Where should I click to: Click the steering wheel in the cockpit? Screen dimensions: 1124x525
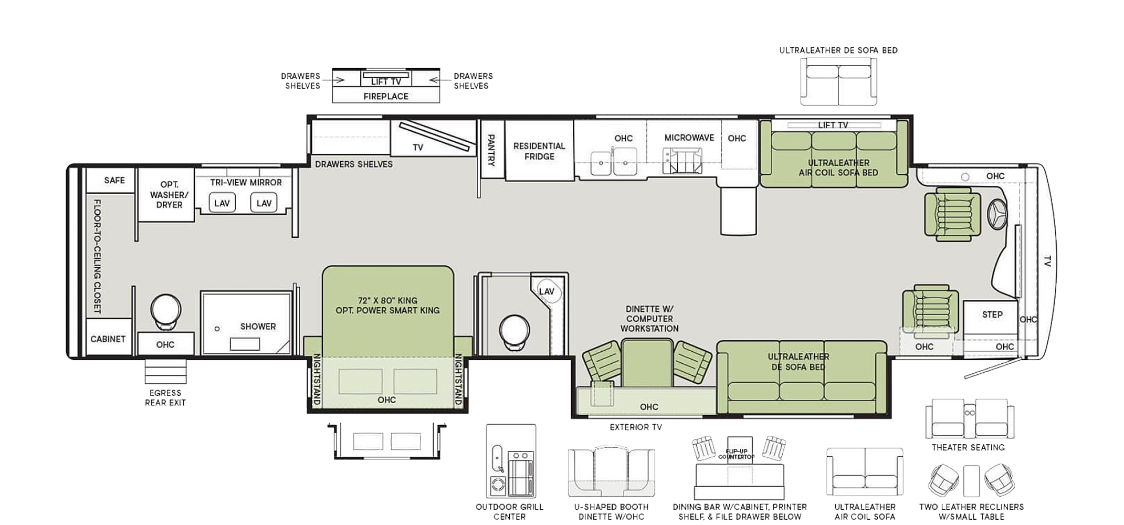click(997, 214)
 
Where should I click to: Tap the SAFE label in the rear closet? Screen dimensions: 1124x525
click(114, 181)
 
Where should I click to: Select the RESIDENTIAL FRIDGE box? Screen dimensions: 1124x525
click(539, 151)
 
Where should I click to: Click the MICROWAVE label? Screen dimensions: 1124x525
click(689, 138)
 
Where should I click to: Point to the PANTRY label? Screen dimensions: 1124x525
click(491, 150)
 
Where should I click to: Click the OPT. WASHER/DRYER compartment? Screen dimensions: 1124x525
click(166, 195)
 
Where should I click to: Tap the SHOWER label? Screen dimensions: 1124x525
click(258, 327)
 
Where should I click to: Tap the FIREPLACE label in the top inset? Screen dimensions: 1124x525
click(386, 97)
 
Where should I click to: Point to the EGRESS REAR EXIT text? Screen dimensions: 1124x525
click(165, 398)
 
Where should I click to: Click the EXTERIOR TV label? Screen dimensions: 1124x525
click(636, 427)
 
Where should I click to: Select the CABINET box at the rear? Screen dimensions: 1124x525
click(108, 339)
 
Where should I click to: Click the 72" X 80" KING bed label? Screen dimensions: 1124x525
click(387, 301)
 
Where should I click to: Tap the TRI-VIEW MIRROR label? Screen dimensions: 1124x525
click(246, 183)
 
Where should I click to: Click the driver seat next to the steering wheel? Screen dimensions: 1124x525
click(952, 214)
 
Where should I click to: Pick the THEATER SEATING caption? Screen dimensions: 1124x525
click(968, 447)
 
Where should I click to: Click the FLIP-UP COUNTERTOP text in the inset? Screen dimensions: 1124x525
click(736, 454)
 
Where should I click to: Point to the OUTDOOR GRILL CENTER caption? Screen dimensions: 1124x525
click(509, 512)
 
